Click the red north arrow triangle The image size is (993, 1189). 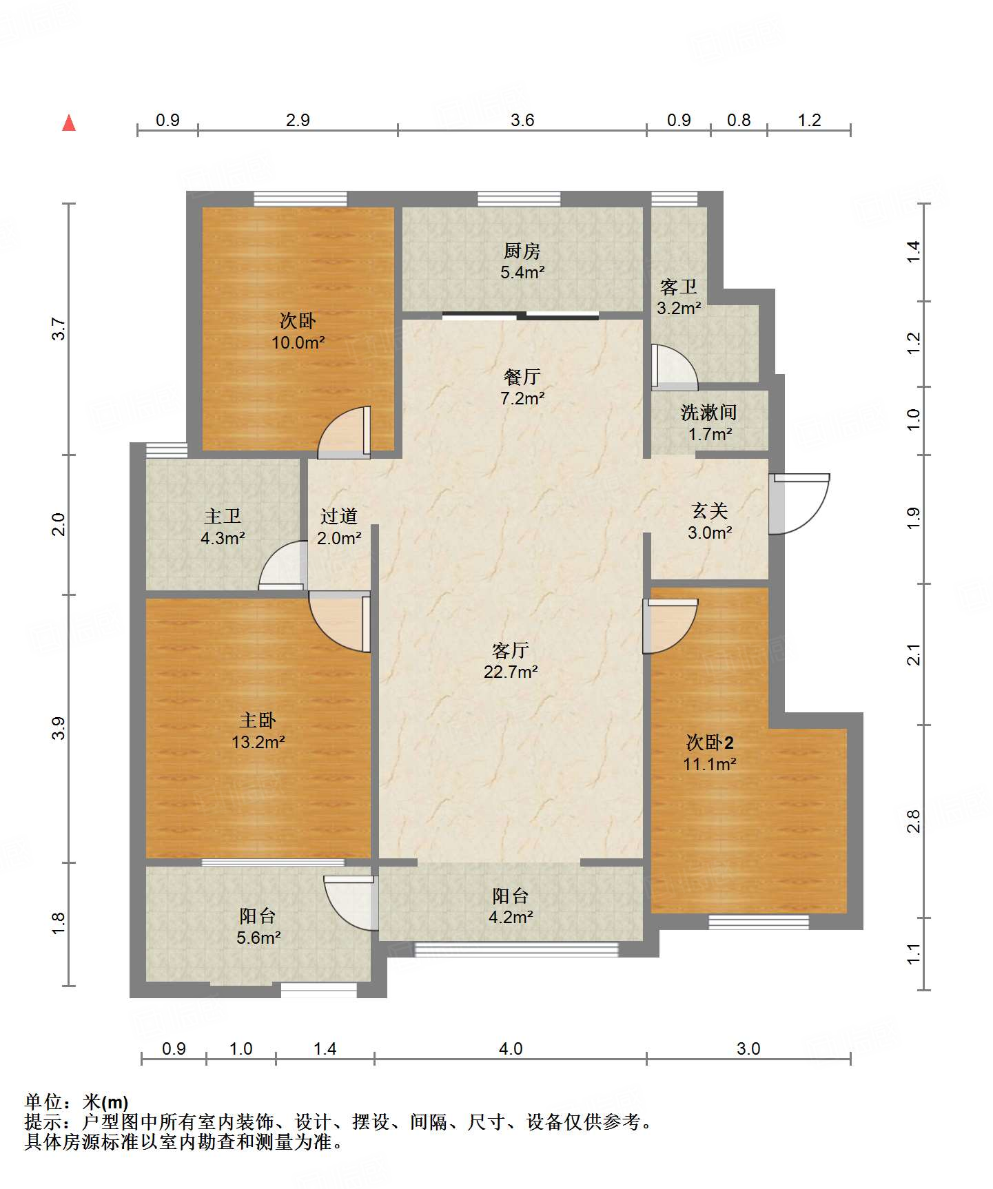(x=69, y=123)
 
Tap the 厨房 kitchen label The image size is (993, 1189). (x=522, y=251)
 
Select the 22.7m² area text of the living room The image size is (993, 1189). (x=511, y=672)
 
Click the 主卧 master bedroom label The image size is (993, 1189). (x=258, y=721)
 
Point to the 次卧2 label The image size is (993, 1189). (x=710, y=742)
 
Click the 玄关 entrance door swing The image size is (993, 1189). (x=799, y=504)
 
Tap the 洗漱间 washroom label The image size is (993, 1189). (x=709, y=412)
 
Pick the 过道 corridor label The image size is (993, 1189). (x=339, y=516)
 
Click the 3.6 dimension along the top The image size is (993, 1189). (x=522, y=120)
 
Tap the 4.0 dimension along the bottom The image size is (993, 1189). (x=511, y=1048)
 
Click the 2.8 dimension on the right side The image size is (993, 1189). (x=913, y=821)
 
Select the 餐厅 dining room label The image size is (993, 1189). (x=522, y=377)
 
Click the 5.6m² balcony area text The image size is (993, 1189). (x=258, y=938)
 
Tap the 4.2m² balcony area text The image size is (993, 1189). (x=511, y=917)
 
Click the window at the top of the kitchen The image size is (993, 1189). (x=519, y=199)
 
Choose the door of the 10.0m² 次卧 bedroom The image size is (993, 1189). (x=344, y=432)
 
